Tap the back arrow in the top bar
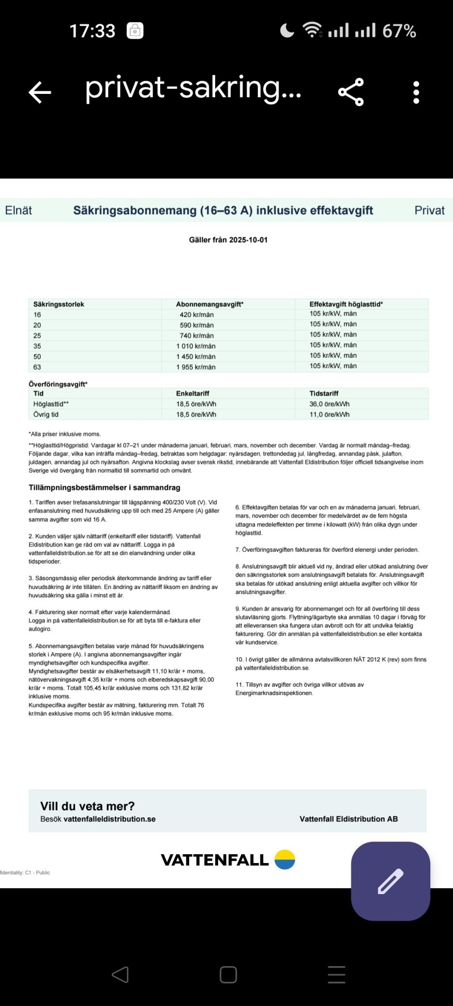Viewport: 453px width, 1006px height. click(x=40, y=92)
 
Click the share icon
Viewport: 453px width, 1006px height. click(x=351, y=92)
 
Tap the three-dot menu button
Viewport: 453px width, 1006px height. click(x=416, y=92)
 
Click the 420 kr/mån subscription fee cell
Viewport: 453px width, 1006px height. click(x=197, y=315)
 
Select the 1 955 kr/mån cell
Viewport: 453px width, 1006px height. click(x=196, y=367)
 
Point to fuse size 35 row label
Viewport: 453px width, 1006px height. click(x=37, y=346)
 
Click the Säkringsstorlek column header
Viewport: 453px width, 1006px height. click(x=58, y=304)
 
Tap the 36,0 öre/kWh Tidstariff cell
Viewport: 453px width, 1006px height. click(x=330, y=404)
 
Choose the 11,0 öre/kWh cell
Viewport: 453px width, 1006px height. click(x=330, y=415)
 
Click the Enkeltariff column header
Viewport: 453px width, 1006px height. click(x=193, y=393)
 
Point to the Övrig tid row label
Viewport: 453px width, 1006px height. click(x=46, y=415)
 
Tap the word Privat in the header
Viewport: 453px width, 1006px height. click(x=429, y=210)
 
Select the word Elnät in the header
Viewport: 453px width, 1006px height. click(x=19, y=210)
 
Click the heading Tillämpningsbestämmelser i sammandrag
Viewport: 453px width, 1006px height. click(x=104, y=488)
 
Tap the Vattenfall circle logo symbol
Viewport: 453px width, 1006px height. click(x=284, y=860)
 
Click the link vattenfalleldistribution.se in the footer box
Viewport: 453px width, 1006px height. click(x=110, y=819)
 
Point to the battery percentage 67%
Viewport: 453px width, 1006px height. click(x=399, y=31)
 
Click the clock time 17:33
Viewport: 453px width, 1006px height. click(x=92, y=31)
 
